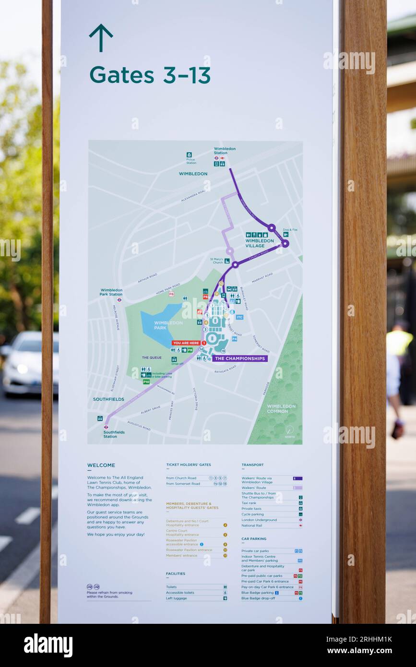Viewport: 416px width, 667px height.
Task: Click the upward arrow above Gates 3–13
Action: coord(101,38)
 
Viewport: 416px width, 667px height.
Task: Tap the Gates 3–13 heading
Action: coord(150,75)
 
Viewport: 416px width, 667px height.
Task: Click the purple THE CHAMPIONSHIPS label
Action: coord(239,358)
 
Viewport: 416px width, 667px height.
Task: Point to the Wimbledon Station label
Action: coord(225,151)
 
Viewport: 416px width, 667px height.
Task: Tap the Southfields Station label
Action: coord(114,434)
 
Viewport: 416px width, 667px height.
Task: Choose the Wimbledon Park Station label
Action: coord(111,292)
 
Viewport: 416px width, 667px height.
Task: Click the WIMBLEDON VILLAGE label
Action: coord(260,243)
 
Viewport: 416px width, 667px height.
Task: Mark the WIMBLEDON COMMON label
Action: coord(281,408)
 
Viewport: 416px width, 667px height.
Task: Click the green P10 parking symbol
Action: coord(146,382)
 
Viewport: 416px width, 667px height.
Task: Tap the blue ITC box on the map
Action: coord(239,317)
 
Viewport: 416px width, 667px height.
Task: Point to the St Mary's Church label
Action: coord(217,261)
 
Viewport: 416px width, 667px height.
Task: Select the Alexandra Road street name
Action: coord(193,195)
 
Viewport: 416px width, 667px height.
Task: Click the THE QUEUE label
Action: coord(152,357)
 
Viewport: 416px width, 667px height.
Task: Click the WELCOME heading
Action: coord(101,465)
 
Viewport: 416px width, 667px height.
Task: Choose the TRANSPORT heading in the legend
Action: coord(252,465)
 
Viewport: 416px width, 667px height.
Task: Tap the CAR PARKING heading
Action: coord(254,539)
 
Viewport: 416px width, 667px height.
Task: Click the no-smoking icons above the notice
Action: coord(93,586)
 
